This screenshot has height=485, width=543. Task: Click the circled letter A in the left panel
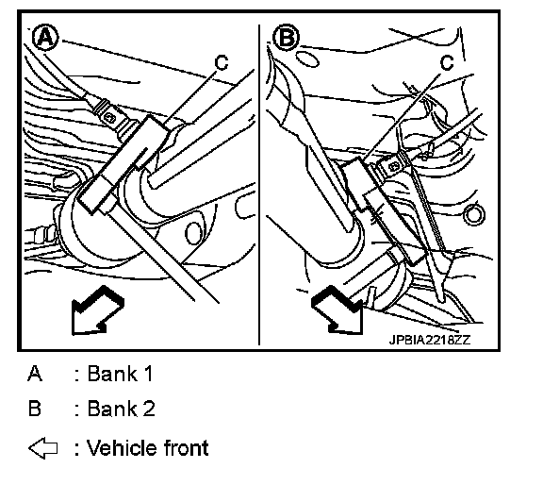coord(45,38)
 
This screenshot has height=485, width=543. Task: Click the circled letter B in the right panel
coord(286,37)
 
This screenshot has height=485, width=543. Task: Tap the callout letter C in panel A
coord(222,62)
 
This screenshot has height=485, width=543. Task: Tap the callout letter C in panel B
coord(447,62)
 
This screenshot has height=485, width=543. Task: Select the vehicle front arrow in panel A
coord(97,310)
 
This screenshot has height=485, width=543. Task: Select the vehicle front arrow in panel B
coord(337,309)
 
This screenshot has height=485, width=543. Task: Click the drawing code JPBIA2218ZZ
coord(430,340)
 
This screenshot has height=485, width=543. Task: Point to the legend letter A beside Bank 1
coord(35,374)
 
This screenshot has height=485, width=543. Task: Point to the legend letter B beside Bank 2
coord(35,408)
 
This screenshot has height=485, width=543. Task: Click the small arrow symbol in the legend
coord(43,448)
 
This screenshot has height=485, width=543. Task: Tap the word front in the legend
coord(186,448)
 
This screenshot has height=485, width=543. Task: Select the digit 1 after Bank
coord(148,374)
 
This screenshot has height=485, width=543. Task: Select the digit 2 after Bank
coord(149,408)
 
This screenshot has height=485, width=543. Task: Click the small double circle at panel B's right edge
coord(474,215)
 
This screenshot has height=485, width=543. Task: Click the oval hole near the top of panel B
coord(307,59)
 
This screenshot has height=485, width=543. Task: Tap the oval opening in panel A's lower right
coord(193,232)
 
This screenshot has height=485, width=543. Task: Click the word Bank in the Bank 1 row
coord(112,374)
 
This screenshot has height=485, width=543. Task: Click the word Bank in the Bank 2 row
coord(112,408)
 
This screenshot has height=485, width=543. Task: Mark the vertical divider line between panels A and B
coord(259,184)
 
